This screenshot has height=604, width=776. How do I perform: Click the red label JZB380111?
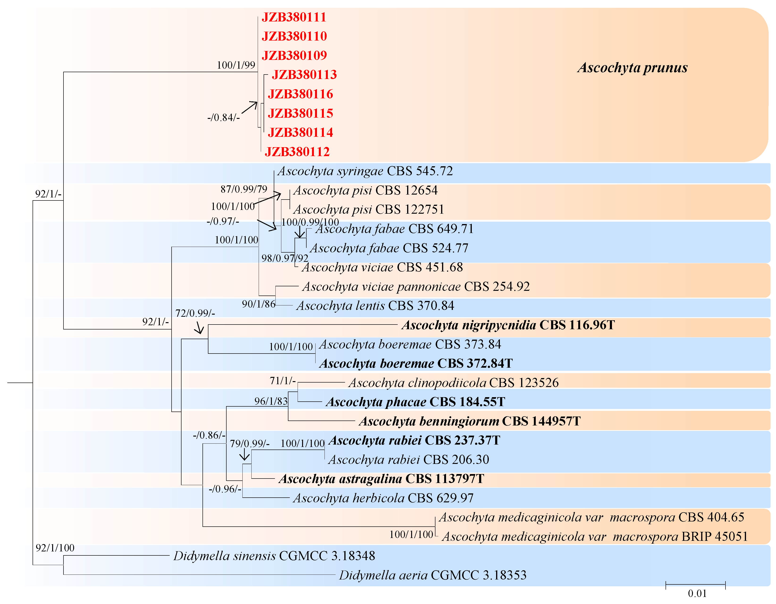294,17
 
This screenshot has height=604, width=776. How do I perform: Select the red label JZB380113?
304,75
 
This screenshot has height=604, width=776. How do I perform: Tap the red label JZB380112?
297,152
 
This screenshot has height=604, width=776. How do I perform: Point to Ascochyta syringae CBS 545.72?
365,171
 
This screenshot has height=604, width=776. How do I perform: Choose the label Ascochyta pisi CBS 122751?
368,209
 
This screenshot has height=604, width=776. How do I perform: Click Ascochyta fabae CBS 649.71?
394,229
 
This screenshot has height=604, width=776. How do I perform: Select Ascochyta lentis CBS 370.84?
375,306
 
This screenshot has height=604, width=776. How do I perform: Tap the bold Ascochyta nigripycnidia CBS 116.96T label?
508,325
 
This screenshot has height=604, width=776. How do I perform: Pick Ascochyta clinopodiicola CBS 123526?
453,383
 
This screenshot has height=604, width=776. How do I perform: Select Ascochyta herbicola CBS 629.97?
383,498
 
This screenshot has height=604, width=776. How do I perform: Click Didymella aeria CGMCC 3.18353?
432,575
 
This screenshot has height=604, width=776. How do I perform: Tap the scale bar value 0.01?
697,593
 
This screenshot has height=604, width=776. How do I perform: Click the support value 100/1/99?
236,65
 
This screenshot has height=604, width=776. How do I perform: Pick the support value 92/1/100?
55,548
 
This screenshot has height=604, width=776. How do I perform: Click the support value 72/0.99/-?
195,313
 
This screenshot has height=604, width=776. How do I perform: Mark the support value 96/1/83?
271,401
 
